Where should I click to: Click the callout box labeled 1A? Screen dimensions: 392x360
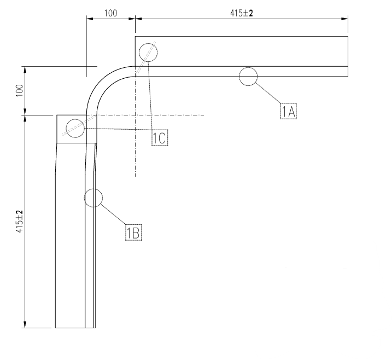pyautogui.click(x=288, y=111)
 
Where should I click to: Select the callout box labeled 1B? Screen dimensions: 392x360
pyautogui.click(x=133, y=233)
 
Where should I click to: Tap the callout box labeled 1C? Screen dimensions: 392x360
pyautogui.click(x=160, y=137)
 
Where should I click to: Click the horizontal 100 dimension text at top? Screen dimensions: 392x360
pyautogui.click(x=110, y=13)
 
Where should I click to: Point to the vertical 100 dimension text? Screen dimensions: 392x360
pyautogui.click(x=19, y=90)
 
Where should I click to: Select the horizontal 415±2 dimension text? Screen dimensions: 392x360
pyautogui.click(x=242, y=13)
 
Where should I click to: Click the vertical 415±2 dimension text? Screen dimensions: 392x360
pyautogui.click(x=19, y=222)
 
